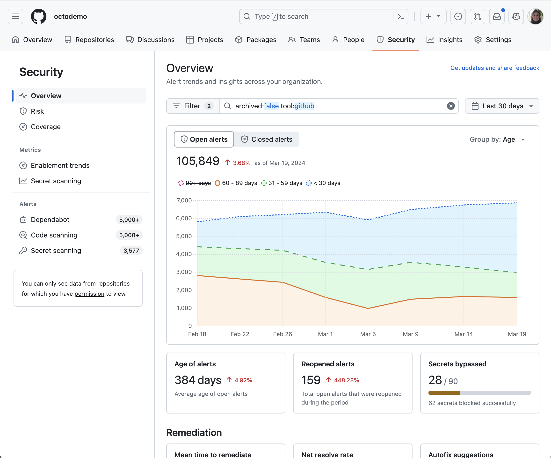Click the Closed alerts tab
[266, 139]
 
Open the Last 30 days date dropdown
[502, 106]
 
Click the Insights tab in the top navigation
[444, 40]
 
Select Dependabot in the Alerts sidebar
[50, 220]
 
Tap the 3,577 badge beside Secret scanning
[131, 251]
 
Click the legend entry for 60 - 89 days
[236, 183]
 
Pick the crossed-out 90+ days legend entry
[195, 183]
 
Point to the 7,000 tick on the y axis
[184, 200]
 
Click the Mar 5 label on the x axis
[368, 334]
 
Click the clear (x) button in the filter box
[451, 106]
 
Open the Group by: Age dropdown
[497, 139]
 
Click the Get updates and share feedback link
[495, 68]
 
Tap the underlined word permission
[89, 294]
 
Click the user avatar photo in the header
[536, 16]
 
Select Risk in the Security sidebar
[37, 111]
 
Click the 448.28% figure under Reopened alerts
[346, 380]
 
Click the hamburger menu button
[15, 16]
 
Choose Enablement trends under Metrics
[60, 165]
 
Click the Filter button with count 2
[193, 106]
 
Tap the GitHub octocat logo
[39, 16]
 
